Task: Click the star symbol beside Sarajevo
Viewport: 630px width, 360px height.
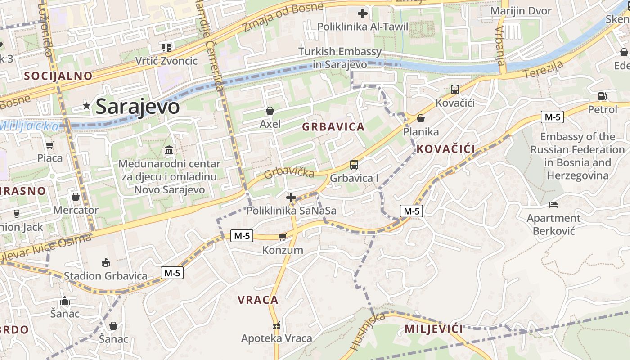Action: tap(86, 106)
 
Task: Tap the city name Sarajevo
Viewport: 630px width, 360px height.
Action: tap(138, 107)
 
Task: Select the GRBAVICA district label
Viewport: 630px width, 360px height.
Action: tap(333, 127)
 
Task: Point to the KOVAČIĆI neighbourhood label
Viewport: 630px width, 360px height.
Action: tap(445, 149)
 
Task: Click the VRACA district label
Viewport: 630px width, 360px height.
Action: tap(258, 300)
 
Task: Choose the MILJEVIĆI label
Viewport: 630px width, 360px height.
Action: tap(433, 329)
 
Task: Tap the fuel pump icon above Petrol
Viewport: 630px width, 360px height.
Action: tap(602, 96)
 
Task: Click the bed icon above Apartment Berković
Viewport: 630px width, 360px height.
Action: tap(553, 205)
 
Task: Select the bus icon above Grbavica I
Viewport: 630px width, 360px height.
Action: tap(354, 165)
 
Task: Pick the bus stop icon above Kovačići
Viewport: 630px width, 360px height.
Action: tap(455, 90)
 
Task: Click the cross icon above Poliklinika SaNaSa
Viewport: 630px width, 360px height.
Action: tap(291, 197)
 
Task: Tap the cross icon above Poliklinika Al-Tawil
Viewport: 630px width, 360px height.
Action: tap(362, 13)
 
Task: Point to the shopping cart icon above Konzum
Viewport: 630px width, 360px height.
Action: tap(282, 237)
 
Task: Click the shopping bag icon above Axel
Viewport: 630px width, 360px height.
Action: tap(270, 111)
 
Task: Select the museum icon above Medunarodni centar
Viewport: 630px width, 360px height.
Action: tap(170, 150)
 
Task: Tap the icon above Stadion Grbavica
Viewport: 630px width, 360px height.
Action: tap(106, 262)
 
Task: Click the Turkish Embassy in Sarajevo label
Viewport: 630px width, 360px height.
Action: tap(340, 58)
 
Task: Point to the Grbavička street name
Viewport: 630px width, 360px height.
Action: tap(289, 173)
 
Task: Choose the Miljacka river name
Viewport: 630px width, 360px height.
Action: tap(29, 126)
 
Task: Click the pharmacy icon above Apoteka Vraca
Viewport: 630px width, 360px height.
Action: tap(276, 325)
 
